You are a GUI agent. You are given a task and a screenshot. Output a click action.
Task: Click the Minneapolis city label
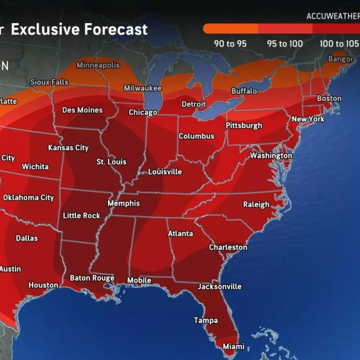click(x=98, y=65)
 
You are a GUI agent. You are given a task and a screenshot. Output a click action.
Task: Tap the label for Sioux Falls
click(x=49, y=82)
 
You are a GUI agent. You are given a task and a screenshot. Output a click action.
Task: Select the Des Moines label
click(x=82, y=110)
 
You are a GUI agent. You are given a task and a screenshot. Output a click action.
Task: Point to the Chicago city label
click(x=143, y=112)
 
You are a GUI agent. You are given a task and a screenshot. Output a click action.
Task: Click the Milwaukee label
click(x=142, y=88)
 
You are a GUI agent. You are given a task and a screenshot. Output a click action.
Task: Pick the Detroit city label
click(x=194, y=104)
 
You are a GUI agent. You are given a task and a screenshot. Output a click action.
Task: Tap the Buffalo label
click(x=244, y=91)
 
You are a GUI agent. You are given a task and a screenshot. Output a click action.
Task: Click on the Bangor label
click(x=341, y=59)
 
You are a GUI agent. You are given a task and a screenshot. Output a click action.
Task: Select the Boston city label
click(x=329, y=98)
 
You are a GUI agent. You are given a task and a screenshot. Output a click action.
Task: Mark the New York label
click(x=308, y=119)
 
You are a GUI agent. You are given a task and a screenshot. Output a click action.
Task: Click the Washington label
click(x=271, y=156)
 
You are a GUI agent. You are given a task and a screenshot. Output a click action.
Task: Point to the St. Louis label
click(x=111, y=162)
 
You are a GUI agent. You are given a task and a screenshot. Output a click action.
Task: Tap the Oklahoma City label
click(x=29, y=197)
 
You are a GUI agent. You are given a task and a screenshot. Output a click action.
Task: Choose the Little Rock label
click(x=82, y=216)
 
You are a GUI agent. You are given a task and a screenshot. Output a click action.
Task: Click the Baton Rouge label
click(x=92, y=278)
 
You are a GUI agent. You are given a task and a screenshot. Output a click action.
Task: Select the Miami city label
click(x=233, y=346)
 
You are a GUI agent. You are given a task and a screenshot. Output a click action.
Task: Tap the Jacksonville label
click(x=219, y=286)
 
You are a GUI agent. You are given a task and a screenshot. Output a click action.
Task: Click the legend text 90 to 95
click(x=230, y=44)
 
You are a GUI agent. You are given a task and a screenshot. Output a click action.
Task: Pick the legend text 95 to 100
click(x=285, y=44)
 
